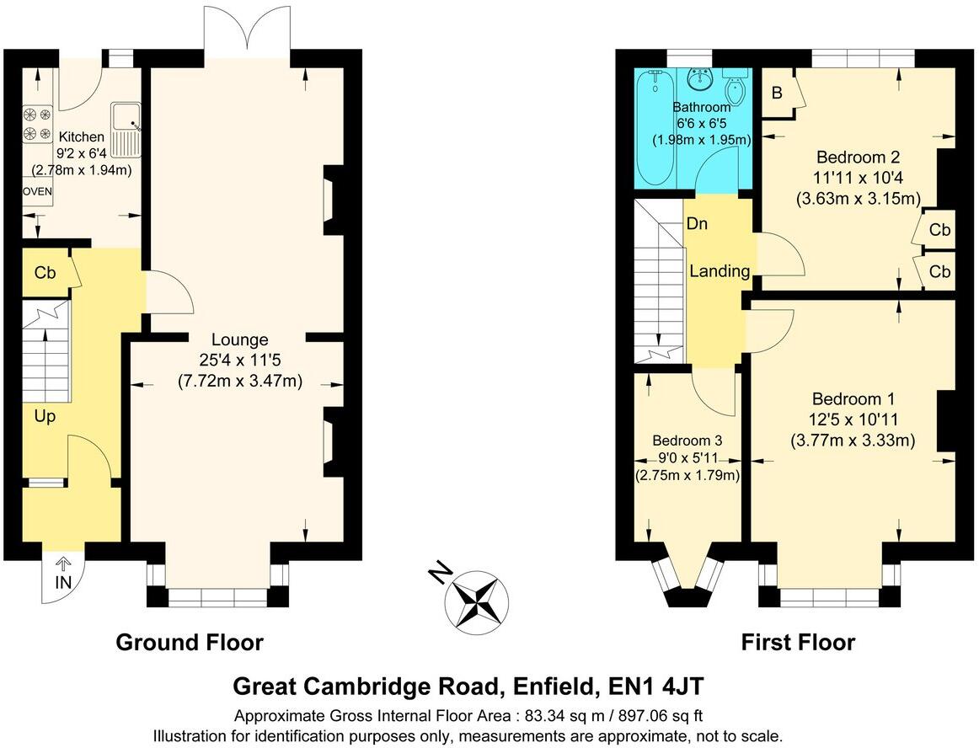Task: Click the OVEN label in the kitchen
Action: (x=37, y=192)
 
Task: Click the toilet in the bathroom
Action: (x=735, y=88)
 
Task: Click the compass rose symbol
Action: (x=477, y=599)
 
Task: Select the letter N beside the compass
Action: (x=437, y=574)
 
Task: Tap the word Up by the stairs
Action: (x=45, y=416)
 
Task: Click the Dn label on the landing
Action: (x=696, y=224)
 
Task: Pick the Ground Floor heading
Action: (x=189, y=643)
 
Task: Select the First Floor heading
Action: (x=797, y=643)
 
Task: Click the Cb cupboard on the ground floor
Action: (x=45, y=273)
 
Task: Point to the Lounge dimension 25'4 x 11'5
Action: (x=239, y=361)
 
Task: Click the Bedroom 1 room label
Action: (x=853, y=399)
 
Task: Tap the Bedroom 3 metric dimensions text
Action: (x=687, y=475)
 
